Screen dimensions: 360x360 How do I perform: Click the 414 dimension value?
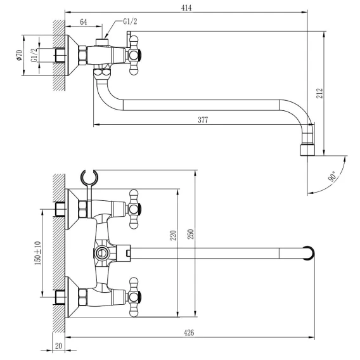click(186, 8)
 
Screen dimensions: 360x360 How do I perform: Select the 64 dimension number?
click(84, 22)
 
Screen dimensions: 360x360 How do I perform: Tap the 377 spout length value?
click(203, 120)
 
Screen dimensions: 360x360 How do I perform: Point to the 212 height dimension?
click(319, 93)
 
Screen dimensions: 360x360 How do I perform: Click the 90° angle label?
click(333, 176)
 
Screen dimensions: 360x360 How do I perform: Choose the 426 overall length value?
click(189, 333)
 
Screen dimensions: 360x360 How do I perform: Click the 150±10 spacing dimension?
click(38, 253)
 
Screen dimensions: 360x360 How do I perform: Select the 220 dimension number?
click(173, 235)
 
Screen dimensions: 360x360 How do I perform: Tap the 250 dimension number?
click(191, 234)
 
